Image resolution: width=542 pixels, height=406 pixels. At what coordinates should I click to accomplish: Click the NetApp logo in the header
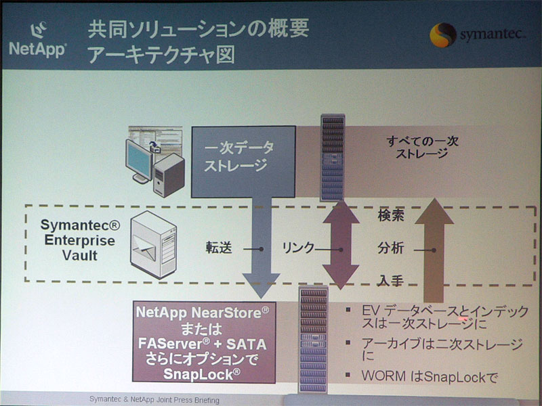pyautogui.click(x=37, y=40)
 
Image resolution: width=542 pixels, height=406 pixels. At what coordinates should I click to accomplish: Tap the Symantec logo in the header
pyautogui.click(x=478, y=35)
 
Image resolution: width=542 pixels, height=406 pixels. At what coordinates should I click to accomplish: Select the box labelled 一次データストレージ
pyautogui.click(x=243, y=162)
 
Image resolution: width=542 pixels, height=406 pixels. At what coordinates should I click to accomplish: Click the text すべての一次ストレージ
pyautogui.click(x=422, y=147)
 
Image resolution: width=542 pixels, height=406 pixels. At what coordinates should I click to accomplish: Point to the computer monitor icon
pyautogui.click(x=139, y=160)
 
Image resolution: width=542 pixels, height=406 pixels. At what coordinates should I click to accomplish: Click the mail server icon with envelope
pyautogui.click(x=154, y=244)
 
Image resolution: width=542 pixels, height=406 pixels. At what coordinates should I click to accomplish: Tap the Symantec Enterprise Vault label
pyautogui.click(x=80, y=240)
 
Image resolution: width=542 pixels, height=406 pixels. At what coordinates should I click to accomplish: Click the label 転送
pyautogui.click(x=218, y=248)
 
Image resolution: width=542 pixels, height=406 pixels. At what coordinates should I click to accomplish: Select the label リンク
pyautogui.click(x=298, y=248)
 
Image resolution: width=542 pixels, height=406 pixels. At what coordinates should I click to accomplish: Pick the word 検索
pyautogui.click(x=391, y=216)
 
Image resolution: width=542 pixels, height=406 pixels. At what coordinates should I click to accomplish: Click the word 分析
pyautogui.click(x=391, y=248)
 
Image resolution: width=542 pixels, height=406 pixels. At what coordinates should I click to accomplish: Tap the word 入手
pyautogui.click(x=391, y=280)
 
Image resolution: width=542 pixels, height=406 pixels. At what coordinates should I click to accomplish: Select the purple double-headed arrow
pyautogui.click(x=341, y=244)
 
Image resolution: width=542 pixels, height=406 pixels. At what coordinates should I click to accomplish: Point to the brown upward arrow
pyautogui.click(x=434, y=250)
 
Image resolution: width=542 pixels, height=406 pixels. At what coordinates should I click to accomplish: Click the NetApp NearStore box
pyautogui.click(x=204, y=342)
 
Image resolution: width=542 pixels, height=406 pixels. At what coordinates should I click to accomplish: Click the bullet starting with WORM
pyautogui.click(x=430, y=377)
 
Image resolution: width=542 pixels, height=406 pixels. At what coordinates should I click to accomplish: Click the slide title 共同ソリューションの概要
pyautogui.click(x=198, y=29)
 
